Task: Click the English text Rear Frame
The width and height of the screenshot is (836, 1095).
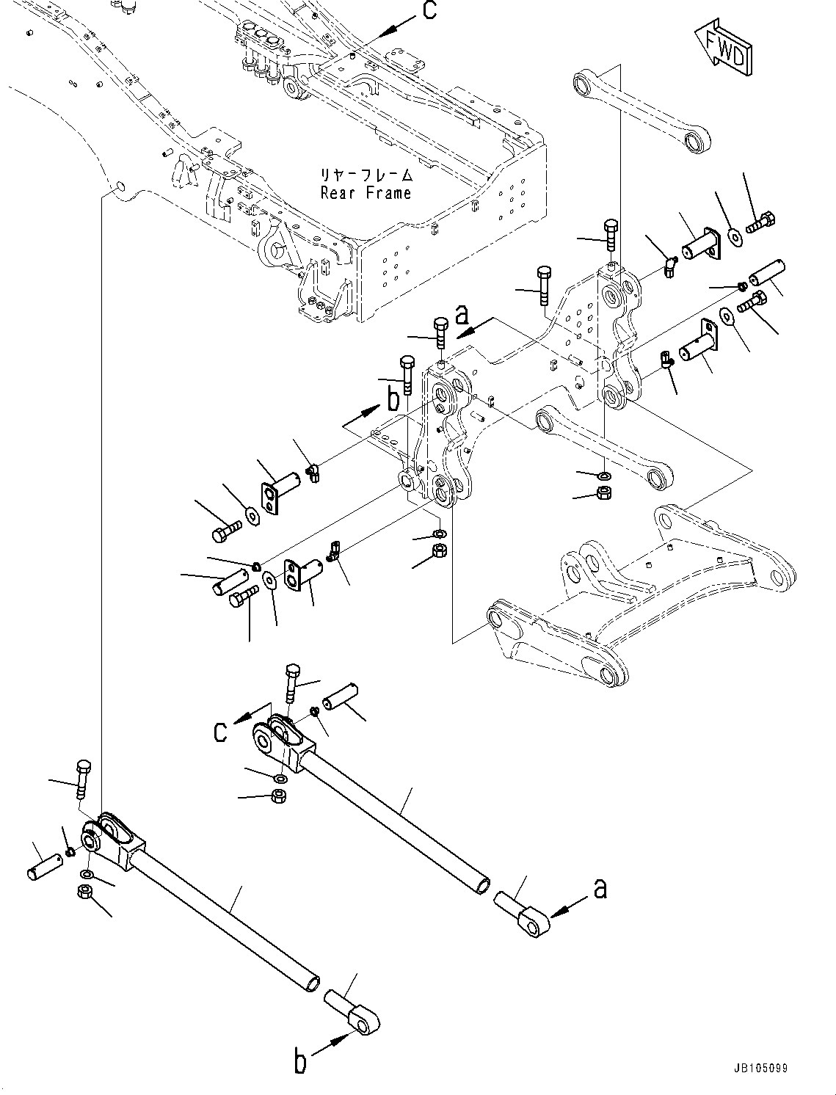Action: [366, 194]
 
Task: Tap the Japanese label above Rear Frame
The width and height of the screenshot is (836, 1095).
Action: [366, 176]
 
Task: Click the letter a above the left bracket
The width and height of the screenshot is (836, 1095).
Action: [462, 316]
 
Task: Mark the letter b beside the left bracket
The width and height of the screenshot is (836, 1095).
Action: [393, 400]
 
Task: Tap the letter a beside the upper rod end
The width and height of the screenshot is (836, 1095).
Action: [600, 889]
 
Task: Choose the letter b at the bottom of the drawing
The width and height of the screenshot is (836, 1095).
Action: [300, 1062]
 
